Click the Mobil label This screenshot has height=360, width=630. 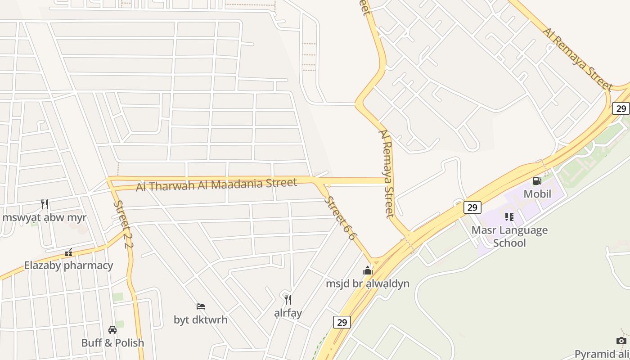click(537, 194)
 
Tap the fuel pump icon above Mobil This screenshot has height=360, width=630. click(537, 181)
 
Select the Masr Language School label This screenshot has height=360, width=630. click(509, 236)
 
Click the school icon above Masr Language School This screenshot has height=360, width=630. click(509, 217)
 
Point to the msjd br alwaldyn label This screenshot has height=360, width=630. click(368, 283)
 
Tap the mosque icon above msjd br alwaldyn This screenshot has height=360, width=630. click(368, 270)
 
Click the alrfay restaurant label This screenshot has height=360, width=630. click(288, 313)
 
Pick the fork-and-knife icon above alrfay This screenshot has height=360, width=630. click(288, 299)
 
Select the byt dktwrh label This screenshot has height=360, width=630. click(201, 320)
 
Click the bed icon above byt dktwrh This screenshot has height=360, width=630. click(201, 306)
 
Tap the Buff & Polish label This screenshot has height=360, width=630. click(112, 343)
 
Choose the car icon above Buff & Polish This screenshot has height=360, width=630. click(112, 330)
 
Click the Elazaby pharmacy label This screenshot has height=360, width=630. click(68, 265)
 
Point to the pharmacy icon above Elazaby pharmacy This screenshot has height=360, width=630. click(68, 252)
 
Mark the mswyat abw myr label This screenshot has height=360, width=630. click(44, 218)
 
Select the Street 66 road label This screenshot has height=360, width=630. click(340, 218)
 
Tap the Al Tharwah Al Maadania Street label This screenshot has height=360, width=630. click(216, 184)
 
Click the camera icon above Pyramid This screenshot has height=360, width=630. click(621, 341)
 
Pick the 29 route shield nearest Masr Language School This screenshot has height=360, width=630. click(472, 207)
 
